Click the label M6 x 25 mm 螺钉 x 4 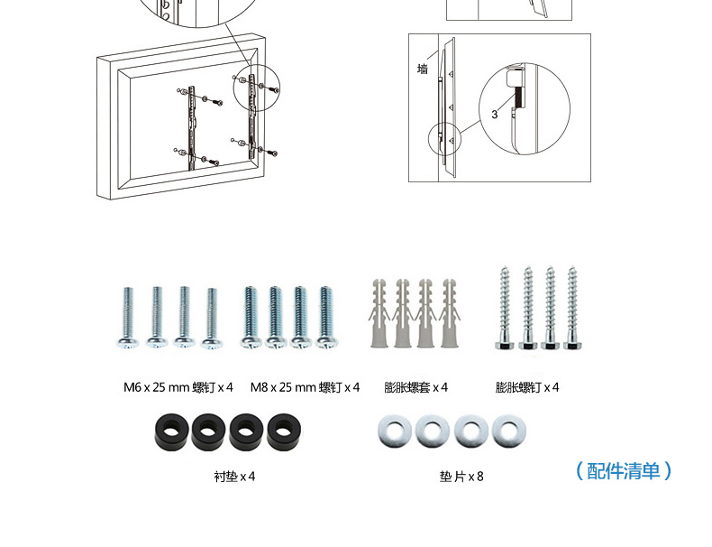(x=178, y=387)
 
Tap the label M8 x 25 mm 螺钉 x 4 (x=305, y=387)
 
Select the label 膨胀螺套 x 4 (x=415, y=387)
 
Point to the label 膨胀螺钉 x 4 (x=526, y=387)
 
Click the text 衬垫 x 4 (x=234, y=477)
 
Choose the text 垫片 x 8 (x=461, y=477)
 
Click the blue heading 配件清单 (x=623, y=470)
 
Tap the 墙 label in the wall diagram (x=423, y=70)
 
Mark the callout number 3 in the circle (x=495, y=115)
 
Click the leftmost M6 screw (x=128, y=318)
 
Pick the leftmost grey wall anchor (x=379, y=313)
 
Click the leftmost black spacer (x=171, y=431)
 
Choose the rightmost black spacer (x=284, y=431)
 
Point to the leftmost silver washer (x=394, y=431)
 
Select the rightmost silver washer (x=509, y=431)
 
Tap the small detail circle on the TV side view (x=444, y=139)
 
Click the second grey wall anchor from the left (x=402, y=313)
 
